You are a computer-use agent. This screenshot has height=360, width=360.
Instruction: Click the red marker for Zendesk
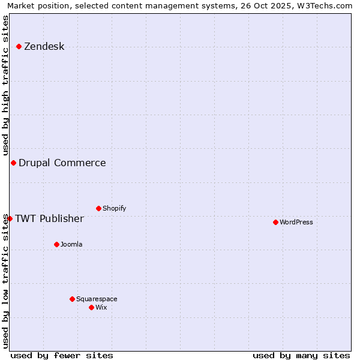point(19,46)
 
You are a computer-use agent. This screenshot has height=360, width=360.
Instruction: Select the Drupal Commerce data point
point(13,163)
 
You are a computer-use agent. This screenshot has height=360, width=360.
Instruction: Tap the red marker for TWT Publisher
point(10,218)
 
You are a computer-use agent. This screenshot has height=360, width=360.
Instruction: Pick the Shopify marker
point(99,208)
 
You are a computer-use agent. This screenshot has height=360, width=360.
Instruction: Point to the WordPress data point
point(275,222)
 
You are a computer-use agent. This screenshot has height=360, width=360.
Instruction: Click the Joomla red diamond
point(56,244)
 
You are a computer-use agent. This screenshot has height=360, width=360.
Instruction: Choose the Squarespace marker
point(72,299)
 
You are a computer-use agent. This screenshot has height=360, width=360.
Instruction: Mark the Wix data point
point(91,307)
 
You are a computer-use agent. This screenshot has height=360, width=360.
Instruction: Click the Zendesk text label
point(44,47)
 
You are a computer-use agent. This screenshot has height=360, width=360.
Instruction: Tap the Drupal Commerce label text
point(62,163)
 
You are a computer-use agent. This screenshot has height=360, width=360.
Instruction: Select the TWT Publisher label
point(49,218)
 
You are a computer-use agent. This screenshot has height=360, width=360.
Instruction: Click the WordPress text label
point(296,223)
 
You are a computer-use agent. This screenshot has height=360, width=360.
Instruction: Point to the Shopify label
point(115,209)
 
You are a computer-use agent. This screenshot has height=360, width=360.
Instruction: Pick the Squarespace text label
point(97,299)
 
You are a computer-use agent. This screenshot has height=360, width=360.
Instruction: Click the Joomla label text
point(71,245)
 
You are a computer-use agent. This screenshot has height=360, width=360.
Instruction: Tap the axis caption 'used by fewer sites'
point(62,355)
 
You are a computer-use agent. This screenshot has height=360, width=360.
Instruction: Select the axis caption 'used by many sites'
point(301,355)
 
